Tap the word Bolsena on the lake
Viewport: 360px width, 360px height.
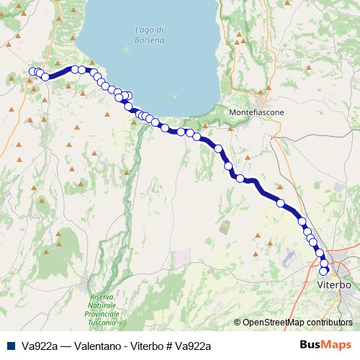[x=149, y=40]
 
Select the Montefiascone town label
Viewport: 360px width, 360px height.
[x=256, y=113]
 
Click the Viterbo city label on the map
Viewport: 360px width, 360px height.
[x=333, y=285]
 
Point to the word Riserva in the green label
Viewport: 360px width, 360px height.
[x=105, y=297]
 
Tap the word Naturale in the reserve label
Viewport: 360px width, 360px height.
[x=105, y=305]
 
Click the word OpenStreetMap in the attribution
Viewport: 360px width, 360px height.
[x=273, y=323]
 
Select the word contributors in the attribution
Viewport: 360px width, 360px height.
[x=329, y=323]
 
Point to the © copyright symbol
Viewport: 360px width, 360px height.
[x=238, y=323]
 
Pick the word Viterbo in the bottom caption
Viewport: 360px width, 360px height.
[x=145, y=346]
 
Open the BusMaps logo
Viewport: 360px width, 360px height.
[x=326, y=345]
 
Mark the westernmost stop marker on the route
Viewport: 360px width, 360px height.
[x=32, y=71]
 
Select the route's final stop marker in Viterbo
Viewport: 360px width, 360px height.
[x=325, y=271]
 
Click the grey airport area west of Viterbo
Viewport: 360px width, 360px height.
[x=289, y=256]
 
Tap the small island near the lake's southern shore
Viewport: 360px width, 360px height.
[x=174, y=95]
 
